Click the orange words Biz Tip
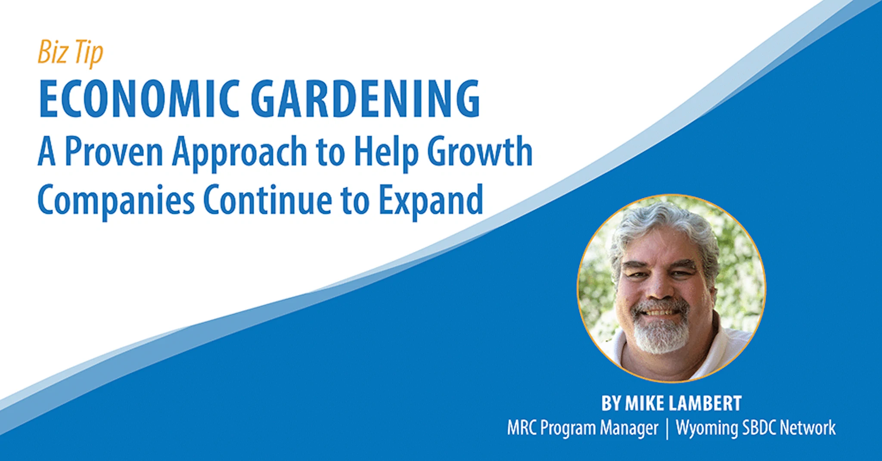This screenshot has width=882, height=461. pos(70,52)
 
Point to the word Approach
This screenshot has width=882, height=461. pos(239,153)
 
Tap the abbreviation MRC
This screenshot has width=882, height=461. pos(521,428)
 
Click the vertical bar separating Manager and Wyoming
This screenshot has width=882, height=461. pos(668,429)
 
